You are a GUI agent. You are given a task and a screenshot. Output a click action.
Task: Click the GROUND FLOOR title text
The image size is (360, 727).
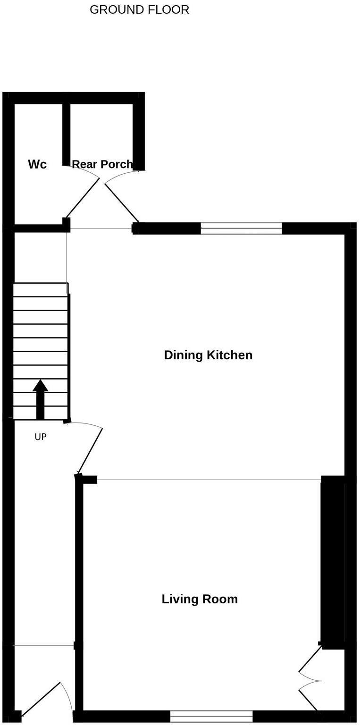click(x=139, y=10)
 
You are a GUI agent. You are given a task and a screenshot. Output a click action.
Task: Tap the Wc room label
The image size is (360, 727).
click(x=37, y=164)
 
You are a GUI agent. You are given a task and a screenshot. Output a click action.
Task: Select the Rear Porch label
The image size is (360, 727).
click(x=102, y=164)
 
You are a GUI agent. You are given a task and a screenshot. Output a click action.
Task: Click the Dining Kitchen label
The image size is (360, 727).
click(x=208, y=355)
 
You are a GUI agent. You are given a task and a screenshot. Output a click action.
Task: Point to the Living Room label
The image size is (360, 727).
click(x=200, y=599)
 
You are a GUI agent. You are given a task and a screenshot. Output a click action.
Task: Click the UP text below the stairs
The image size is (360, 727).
click(x=41, y=437)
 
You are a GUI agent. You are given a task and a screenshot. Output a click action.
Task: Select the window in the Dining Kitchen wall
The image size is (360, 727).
click(x=241, y=228)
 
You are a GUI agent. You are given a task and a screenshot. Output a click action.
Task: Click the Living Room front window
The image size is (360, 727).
click(x=211, y=716)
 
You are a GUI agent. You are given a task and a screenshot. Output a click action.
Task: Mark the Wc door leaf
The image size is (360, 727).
click(x=83, y=197)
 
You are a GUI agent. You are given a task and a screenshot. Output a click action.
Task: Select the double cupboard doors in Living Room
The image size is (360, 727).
click(x=310, y=680)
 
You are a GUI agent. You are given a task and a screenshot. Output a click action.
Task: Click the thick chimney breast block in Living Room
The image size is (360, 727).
click(x=333, y=562)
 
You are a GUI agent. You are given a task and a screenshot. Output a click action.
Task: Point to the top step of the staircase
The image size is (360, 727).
click(x=40, y=289)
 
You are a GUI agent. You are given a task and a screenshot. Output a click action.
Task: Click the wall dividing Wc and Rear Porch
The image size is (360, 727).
click(x=67, y=135)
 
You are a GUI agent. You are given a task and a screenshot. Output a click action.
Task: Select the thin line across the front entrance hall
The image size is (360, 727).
click(x=43, y=645)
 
